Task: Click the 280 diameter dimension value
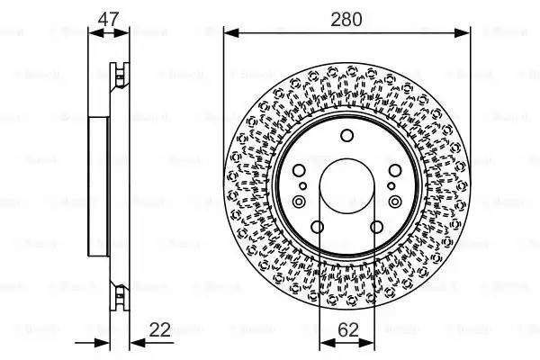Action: tap(346, 18)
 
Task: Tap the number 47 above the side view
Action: tap(109, 18)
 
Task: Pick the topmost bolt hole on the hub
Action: tap(347, 136)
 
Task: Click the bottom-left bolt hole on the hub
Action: tap(317, 228)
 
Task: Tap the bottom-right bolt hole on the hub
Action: tap(377, 228)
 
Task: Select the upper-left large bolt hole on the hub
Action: tap(298, 170)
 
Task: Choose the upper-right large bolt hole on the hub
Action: tap(396, 170)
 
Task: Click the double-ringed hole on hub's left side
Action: tap(298, 202)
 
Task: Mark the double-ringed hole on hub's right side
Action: tap(396, 202)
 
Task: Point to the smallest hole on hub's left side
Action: tap(303, 186)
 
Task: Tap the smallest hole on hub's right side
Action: tap(391, 186)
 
